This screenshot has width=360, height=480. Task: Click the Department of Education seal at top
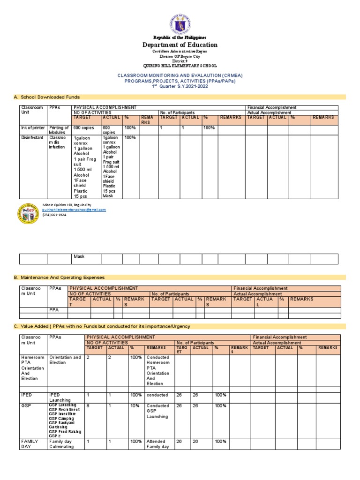pyautogui.click(x=180, y=19)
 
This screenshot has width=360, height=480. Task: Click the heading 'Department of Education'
pyautogui.click(x=180, y=45)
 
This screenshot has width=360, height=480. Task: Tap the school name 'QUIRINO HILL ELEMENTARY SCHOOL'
pyautogui.click(x=180, y=66)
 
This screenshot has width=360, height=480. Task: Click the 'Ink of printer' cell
pyautogui.click(x=33, y=128)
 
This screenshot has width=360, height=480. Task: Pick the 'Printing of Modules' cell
pyautogui.click(x=60, y=131)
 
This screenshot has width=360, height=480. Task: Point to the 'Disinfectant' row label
pyautogui.click(x=32, y=138)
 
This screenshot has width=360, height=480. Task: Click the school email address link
pyautogui.click(x=74, y=210)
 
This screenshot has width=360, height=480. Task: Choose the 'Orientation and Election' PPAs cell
pyautogui.click(x=65, y=360)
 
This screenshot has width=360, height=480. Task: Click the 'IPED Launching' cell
pyautogui.click(x=60, y=397)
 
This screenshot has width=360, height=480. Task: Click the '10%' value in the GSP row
pyautogui.click(x=135, y=406)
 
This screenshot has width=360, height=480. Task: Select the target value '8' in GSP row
pyautogui.click(x=88, y=406)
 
